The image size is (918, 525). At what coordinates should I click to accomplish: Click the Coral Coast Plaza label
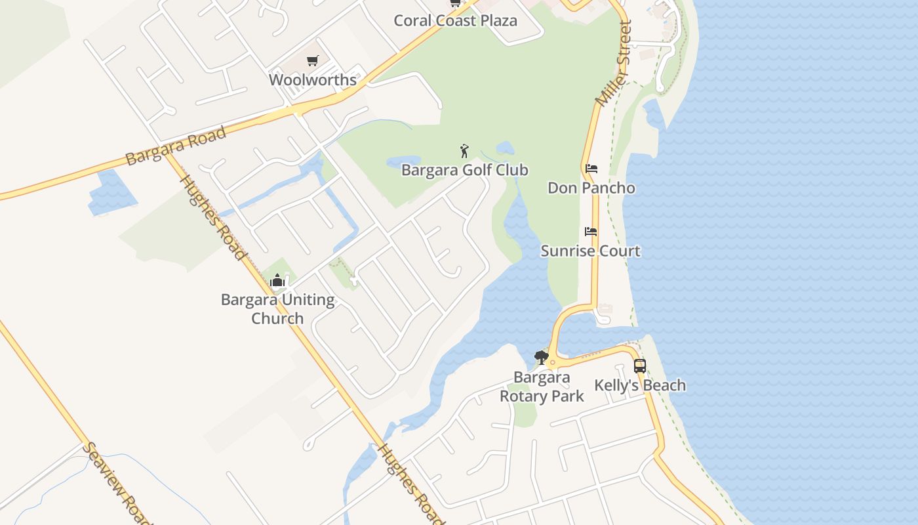(455, 20)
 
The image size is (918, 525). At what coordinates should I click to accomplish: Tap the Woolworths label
(313, 80)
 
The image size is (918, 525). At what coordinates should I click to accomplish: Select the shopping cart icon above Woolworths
(313, 61)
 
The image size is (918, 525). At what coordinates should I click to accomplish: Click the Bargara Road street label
(176, 146)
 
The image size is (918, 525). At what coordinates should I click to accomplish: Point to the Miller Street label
(614, 64)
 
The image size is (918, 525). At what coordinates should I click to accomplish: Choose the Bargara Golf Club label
(464, 171)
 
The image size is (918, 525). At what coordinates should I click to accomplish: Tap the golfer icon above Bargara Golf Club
(465, 151)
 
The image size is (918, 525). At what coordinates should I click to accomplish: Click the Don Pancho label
(591, 188)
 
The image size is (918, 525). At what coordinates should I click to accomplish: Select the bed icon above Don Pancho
(591, 169)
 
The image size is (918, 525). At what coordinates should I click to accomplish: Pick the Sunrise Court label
(590, 251)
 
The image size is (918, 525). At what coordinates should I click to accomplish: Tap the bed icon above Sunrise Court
(591, 232)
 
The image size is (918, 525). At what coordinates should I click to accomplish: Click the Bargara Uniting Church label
(277, 309)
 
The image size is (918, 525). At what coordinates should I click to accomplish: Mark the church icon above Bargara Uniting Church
(277, 281)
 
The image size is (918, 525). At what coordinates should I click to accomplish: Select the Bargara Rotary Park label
(542, 387)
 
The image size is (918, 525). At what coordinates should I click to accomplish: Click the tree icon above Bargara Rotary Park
(541, 358)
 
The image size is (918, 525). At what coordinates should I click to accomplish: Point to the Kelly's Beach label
(640, 385)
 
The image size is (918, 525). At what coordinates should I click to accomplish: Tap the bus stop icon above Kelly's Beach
(640, 366)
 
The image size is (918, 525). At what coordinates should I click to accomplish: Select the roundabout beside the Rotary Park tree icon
(553, 363)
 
